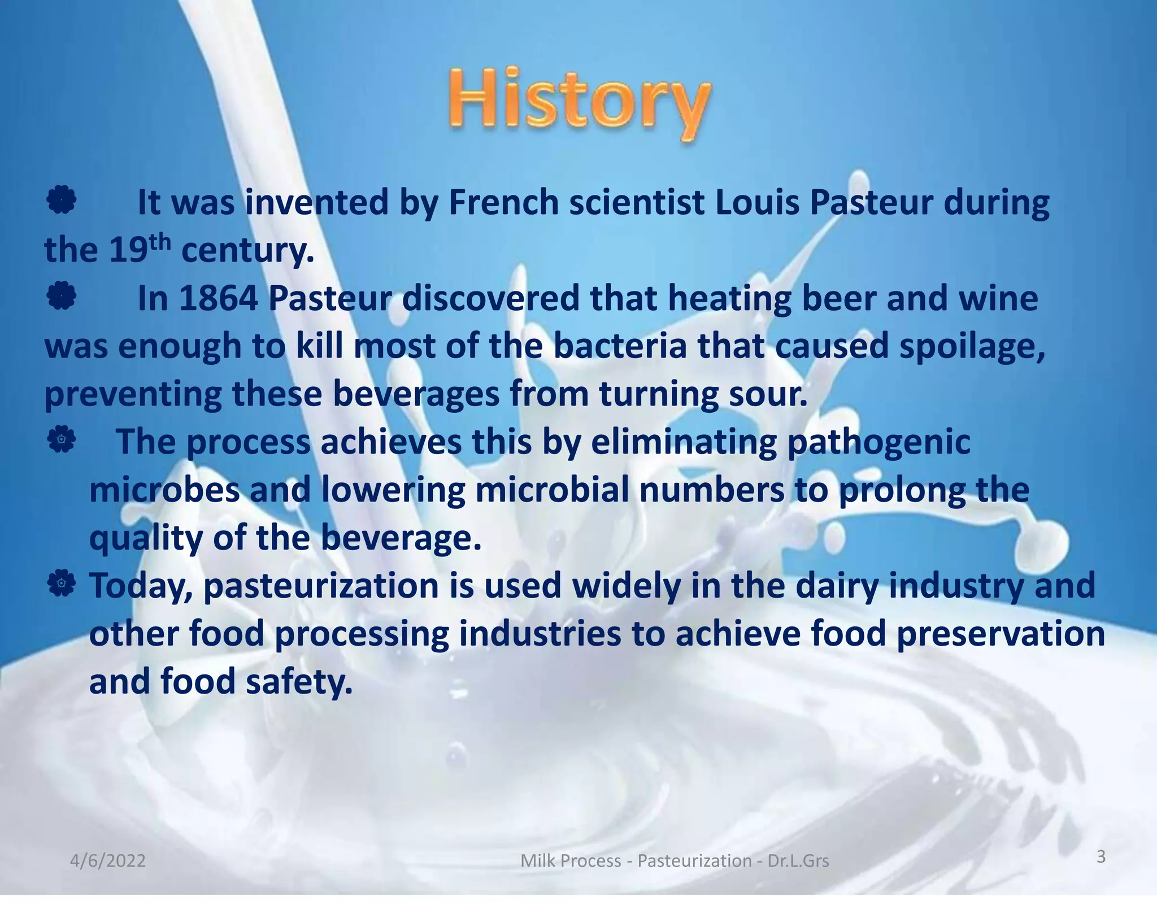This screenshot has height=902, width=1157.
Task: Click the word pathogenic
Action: (x=878, y=442)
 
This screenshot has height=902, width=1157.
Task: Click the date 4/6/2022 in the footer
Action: (x=108, y=861)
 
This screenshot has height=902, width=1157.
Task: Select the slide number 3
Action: (x=1101, y=857)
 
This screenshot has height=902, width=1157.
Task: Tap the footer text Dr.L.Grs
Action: (x=798, y=861)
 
